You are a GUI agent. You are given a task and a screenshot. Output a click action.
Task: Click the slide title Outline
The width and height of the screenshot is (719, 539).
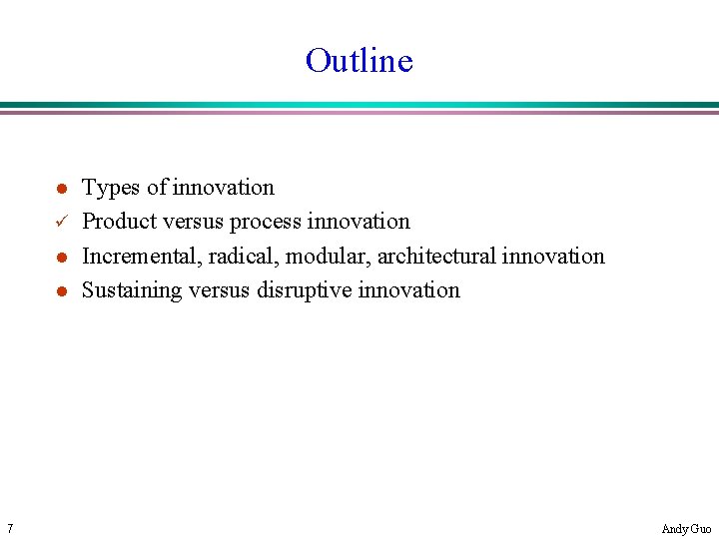(x=359, y=61)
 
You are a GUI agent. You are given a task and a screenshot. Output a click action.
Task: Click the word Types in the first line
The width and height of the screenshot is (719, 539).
(x=110, y=188)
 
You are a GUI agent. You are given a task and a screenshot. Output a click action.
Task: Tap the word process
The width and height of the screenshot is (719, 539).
(x=266, y=222)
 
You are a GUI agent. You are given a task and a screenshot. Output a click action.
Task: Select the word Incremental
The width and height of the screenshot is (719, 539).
(x=141, y=257)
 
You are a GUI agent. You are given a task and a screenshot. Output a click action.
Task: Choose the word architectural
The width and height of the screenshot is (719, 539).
(x=435, y=257)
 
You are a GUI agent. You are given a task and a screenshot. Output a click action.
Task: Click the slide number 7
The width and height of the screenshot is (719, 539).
(x=8, y=528)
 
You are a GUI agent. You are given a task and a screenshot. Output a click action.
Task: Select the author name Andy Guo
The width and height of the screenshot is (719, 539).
(x=686, y=529)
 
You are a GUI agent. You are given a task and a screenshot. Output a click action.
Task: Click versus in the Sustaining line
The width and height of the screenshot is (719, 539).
(x=216, y=290)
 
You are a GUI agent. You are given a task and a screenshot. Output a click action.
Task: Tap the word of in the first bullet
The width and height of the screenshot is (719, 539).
(x=157, y=188)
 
